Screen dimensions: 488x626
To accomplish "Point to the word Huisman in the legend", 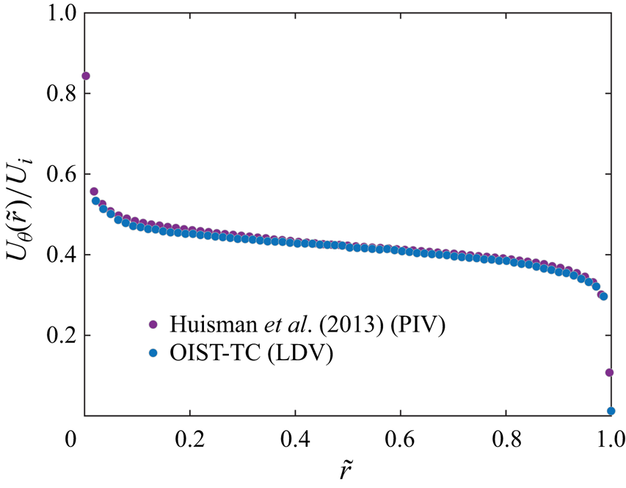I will [x=202, y=324].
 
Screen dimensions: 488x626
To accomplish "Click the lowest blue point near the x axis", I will [x=611, y=411].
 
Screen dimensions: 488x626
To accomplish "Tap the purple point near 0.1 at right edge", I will [x=609, y=373].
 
